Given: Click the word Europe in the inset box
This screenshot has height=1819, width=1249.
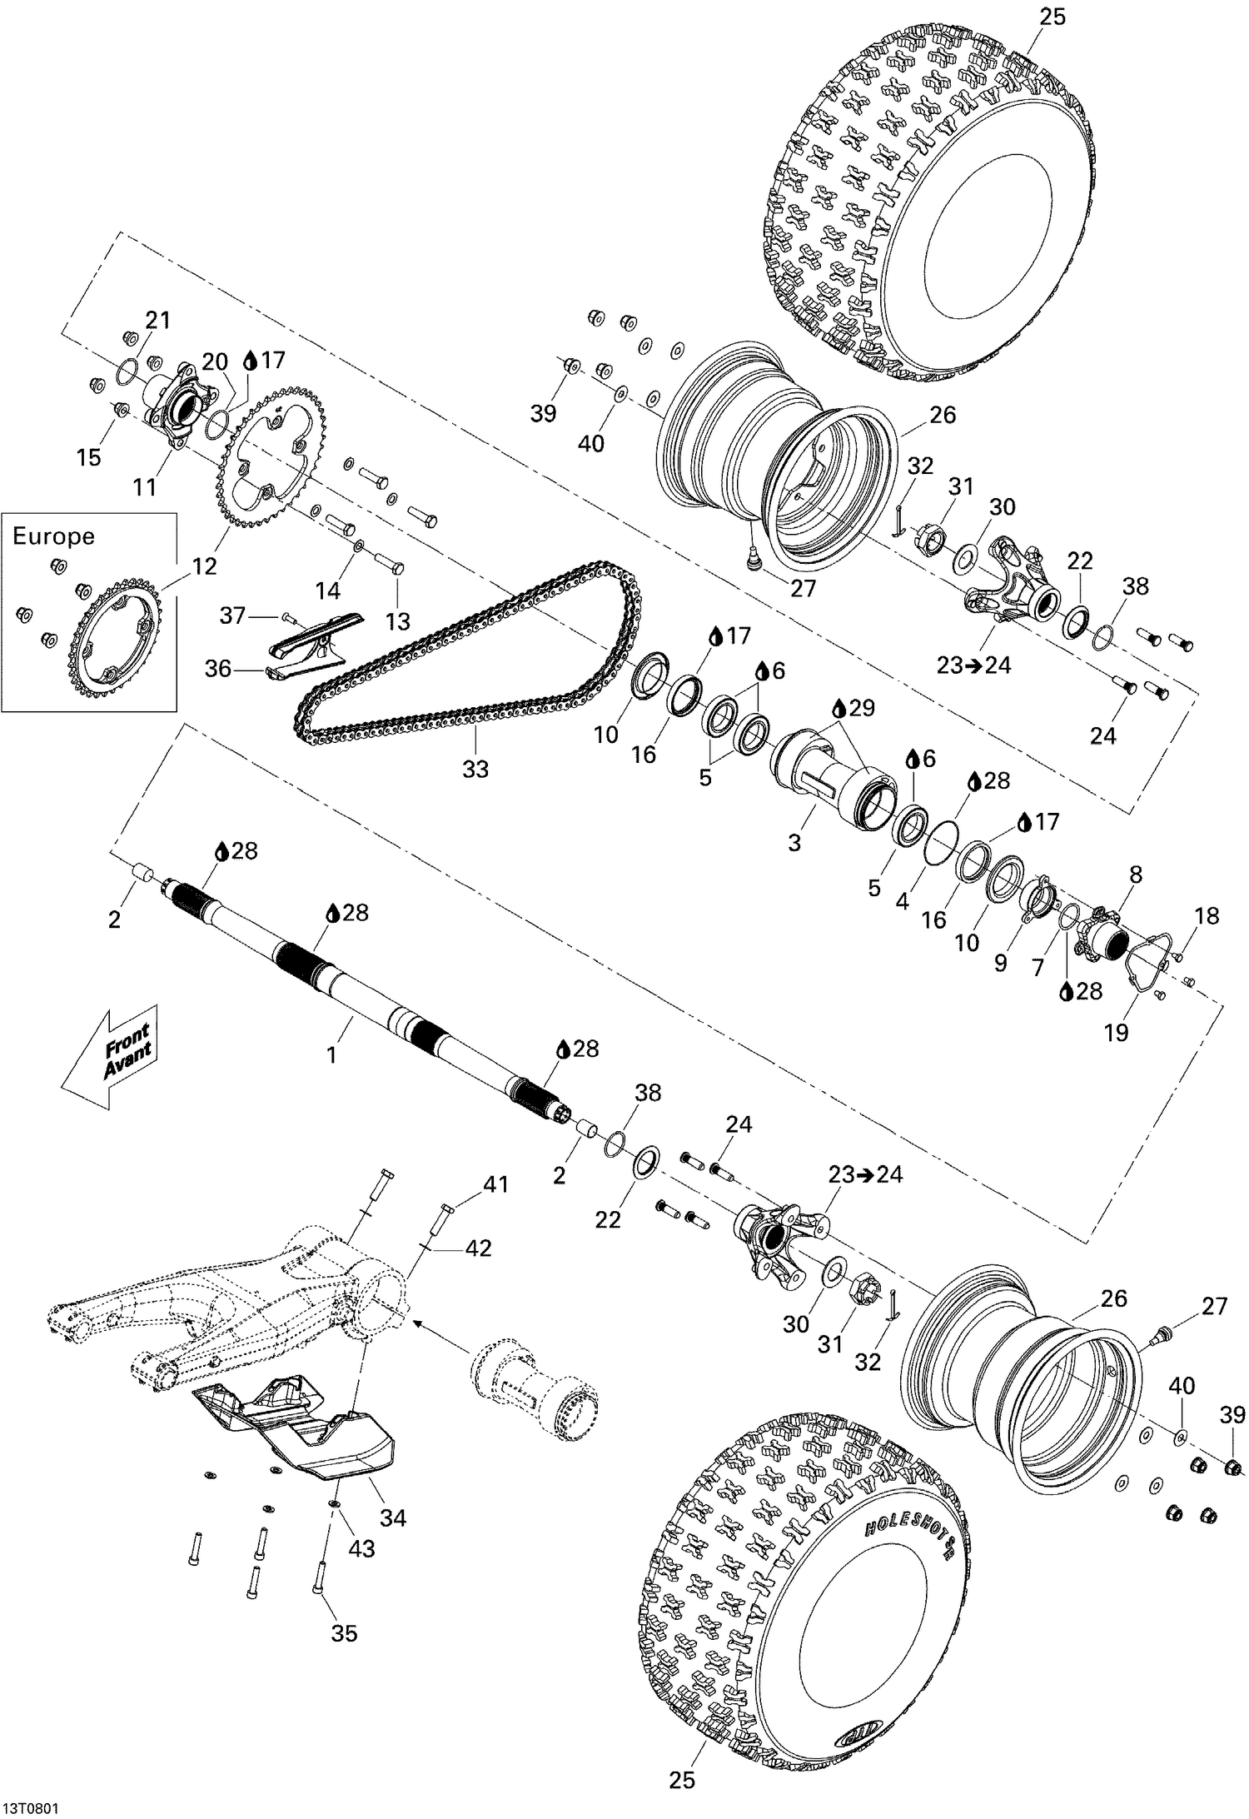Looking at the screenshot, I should click(x=53, y=536).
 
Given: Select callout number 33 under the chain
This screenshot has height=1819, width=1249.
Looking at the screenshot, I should click(x=475, y=770).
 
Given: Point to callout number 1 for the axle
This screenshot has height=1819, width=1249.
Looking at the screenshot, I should click(x=331, y=1055).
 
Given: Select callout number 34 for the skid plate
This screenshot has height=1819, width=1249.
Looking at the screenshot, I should click(x=392, y=1517).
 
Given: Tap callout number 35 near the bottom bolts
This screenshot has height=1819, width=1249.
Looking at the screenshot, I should click(x=344, y=1633).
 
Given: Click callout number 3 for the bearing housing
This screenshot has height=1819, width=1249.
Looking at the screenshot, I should click(x=794, y=842).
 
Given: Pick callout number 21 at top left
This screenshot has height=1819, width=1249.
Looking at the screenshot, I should click(x=158, y=320).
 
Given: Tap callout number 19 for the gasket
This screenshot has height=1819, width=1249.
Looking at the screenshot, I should click(x=1116, y=1033).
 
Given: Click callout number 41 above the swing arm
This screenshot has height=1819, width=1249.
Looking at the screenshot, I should click(x=496, y=1184).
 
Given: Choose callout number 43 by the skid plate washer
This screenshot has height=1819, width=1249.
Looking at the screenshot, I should click(x=361, y=1549).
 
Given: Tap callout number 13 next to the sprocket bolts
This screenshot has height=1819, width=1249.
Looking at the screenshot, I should click(x=398, y=620).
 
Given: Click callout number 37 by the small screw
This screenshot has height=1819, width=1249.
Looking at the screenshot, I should click(x=232, y=615).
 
